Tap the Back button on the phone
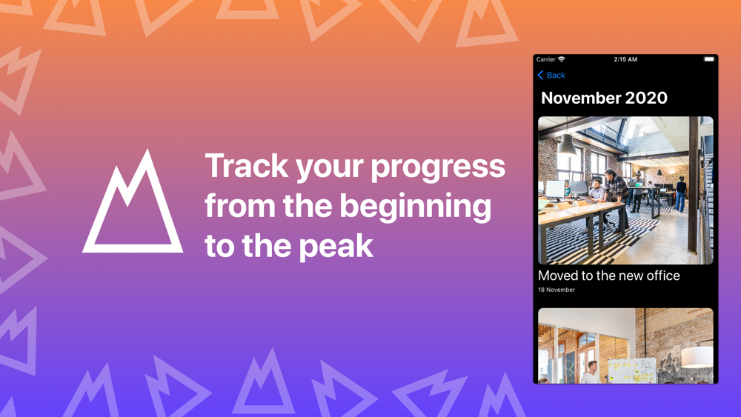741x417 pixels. [x=551, y=75]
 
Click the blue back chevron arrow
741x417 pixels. [x=541, y=75]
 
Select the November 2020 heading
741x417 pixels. [x=604, y=98]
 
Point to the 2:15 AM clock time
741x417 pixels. [x=625, y=59]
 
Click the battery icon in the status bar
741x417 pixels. [x=709, y=59]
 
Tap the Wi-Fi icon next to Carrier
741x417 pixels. [x=562, y=59]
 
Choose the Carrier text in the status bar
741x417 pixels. [x=546, y=59]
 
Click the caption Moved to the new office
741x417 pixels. [x=608, y=276]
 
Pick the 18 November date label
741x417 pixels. [x=556, y=290]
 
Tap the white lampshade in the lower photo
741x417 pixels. [x=697, y=356]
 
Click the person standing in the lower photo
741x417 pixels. [x=591, y=372]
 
